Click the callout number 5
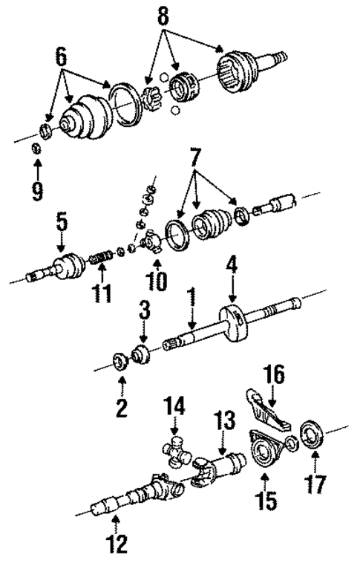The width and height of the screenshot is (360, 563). (62, 221)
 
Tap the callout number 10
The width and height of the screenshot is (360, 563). (156, 280)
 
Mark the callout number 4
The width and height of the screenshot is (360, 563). (232, 264)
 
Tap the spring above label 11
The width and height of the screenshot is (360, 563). (99, 258)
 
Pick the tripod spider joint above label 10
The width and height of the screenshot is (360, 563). (153, 243)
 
